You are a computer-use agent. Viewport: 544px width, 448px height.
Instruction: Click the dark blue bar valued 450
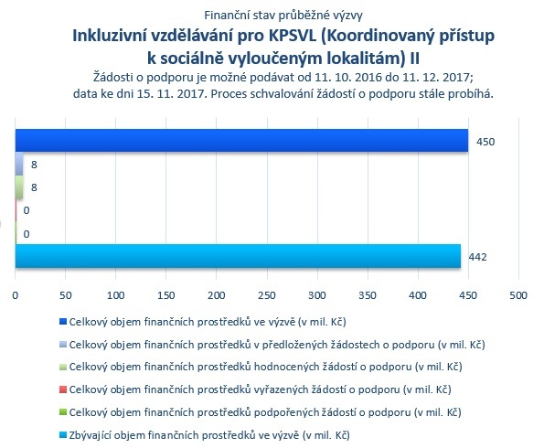(241, 141)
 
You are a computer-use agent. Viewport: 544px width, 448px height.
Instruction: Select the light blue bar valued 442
(238, 256)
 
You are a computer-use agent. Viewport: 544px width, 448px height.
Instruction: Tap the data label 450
(485, 142)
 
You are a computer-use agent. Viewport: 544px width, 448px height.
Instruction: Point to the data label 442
(477, 257)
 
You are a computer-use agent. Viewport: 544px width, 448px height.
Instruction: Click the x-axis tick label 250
(267, 295)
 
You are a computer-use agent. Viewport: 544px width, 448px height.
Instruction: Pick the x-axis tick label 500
(518, 295)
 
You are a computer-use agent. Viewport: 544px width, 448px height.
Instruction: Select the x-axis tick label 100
(115, 295)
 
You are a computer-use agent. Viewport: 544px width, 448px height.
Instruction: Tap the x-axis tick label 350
(368, 295)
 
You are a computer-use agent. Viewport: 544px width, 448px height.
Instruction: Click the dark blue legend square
(63, 322)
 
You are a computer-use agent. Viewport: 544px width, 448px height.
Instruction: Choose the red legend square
(63, 389)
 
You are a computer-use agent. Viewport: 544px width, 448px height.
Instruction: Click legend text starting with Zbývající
(209, 435)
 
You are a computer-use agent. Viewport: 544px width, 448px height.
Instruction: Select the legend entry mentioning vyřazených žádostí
(261, 389)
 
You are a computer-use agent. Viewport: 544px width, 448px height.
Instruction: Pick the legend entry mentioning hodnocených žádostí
(266, 367)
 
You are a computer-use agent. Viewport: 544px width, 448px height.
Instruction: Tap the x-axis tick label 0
(16, 295)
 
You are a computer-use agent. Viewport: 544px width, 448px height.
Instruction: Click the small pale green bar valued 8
(19, 187)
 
